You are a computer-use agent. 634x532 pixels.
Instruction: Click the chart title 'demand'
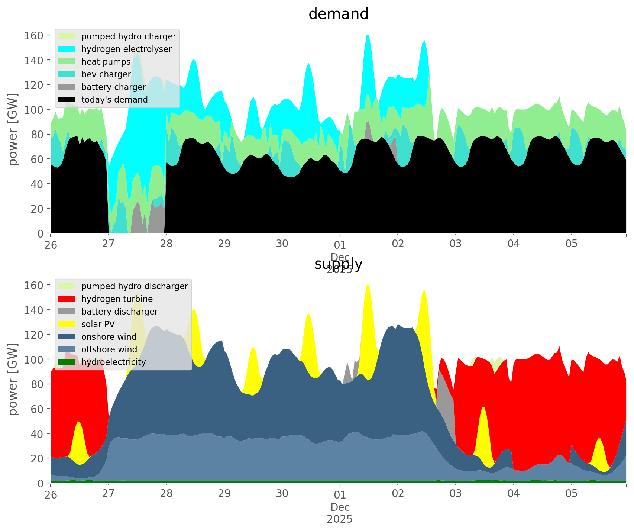click(x=339, y=14)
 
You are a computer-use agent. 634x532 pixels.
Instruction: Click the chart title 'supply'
click(x=339, y=264)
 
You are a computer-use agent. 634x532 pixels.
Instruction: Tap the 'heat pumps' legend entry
click(x=106, y=62)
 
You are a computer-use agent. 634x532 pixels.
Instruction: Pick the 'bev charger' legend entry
click(x=106, y=74)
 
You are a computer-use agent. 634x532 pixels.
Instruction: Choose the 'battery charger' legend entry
click(x=113, y=87)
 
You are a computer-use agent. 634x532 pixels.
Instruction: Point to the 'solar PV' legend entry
click(x=98, y=324)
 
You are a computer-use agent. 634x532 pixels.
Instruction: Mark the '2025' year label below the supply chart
click(x=340, y=519)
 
